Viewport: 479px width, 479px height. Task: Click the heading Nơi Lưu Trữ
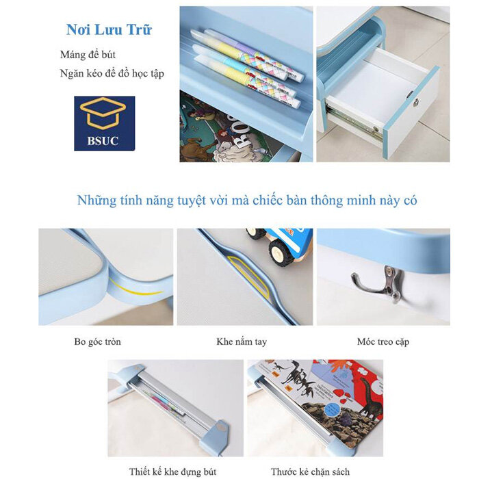109,30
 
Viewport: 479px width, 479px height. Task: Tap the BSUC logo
105,123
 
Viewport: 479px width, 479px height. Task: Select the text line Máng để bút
88,55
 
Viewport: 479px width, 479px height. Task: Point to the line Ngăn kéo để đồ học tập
112,74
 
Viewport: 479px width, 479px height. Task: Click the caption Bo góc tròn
97,341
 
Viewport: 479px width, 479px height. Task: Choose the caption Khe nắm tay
242,341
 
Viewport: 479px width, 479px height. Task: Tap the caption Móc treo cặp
383,341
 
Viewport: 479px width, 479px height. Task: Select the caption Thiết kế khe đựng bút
172,471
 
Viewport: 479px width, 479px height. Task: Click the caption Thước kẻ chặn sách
310,471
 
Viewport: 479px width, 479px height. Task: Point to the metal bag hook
379,284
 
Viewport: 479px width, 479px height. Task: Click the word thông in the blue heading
327,200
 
